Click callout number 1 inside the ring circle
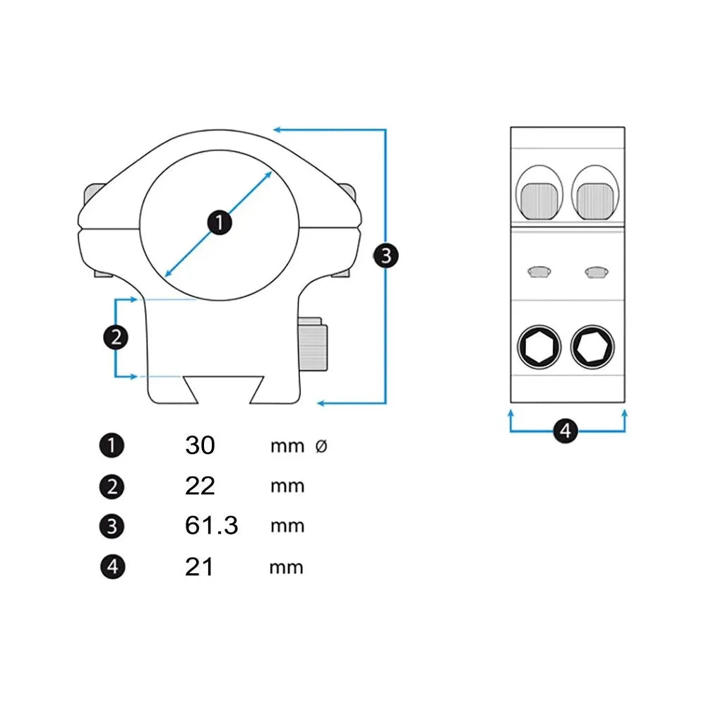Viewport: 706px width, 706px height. coord(220,223)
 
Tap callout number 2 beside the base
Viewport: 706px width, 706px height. coord(116,337)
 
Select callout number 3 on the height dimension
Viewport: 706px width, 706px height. coord(385,255)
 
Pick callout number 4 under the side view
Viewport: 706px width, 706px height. coord(566,430)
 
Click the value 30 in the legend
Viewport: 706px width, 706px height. coord(200,445)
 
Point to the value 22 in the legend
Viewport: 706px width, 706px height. coord(200,486)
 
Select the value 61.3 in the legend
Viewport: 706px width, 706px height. coord(212,526)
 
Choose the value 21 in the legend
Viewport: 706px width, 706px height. coord(199,566)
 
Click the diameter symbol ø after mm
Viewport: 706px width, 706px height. coord(321,446)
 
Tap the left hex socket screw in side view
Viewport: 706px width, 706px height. coord(539,347)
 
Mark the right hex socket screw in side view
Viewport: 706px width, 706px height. coord(592,347)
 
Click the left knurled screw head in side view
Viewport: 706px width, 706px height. coord(541,200)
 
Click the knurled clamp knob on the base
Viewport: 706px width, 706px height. coord(313,345)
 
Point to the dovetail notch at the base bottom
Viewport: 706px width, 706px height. coord(225,392)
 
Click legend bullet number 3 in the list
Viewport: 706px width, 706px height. coord(112,527)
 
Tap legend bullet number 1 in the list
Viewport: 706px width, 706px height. coord(112,445)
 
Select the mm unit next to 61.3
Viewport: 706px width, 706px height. coord(287,526)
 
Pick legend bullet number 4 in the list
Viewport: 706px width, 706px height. coord(112,567)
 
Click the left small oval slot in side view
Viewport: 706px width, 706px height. coord(539,271)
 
